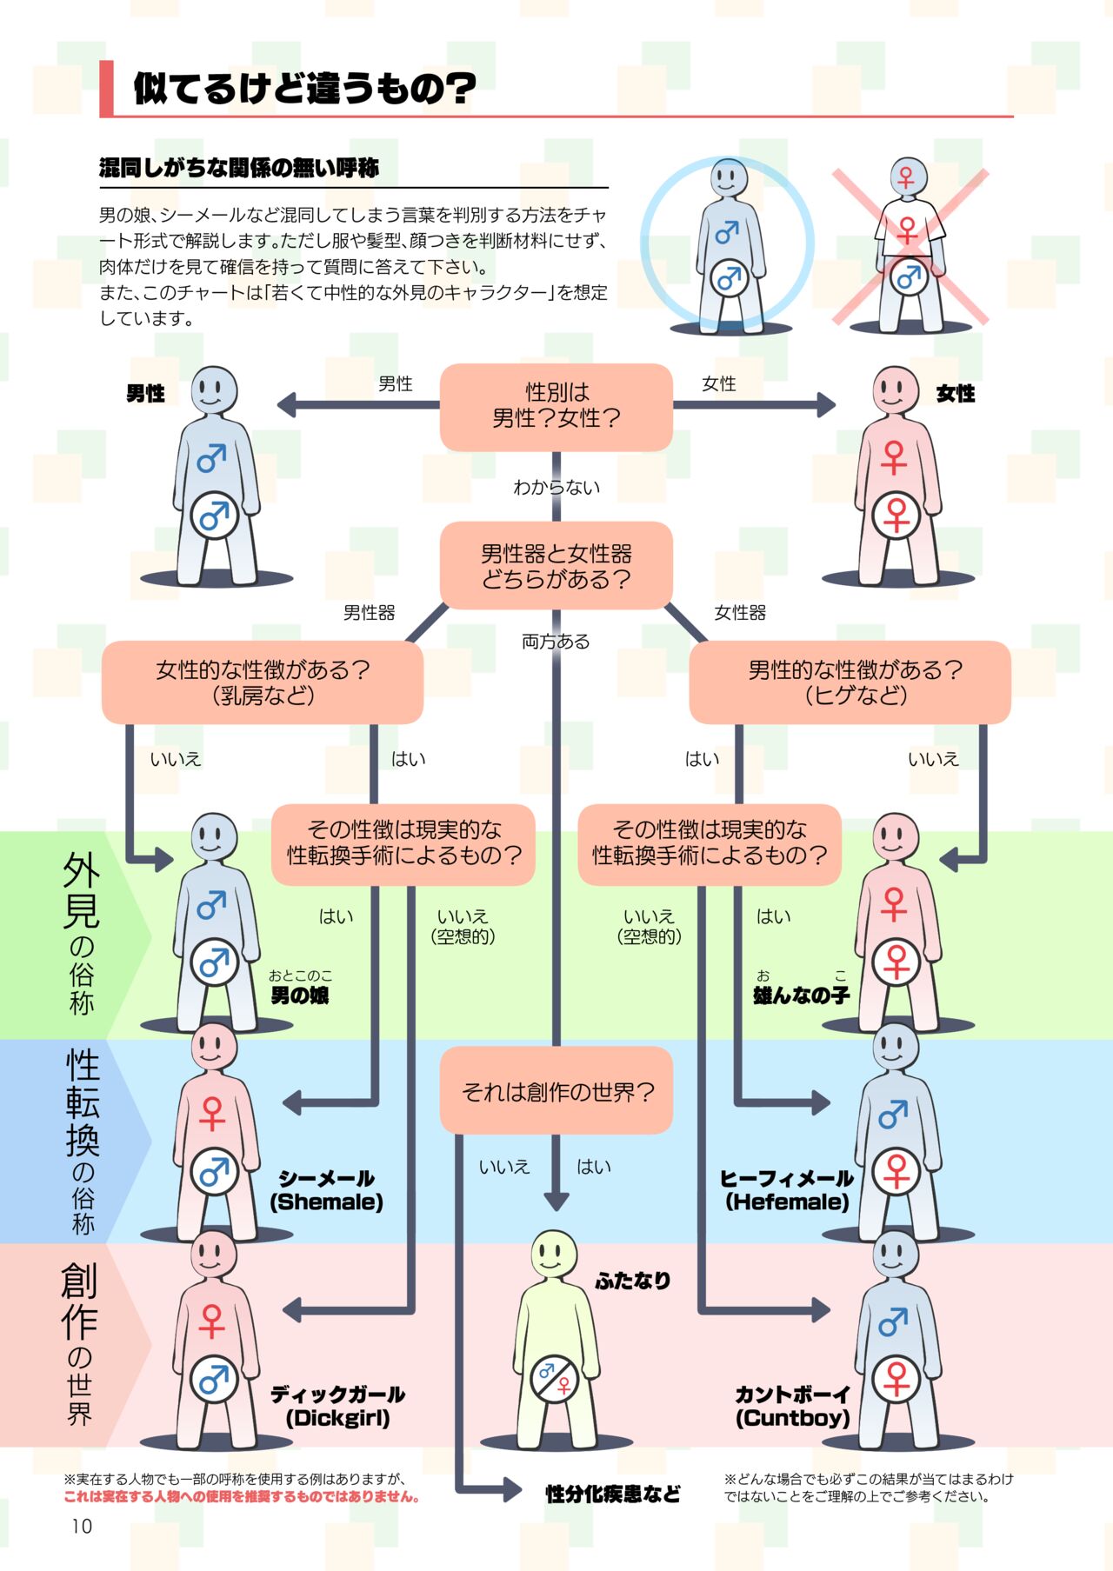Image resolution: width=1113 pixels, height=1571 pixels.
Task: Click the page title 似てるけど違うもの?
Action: click(304, 88)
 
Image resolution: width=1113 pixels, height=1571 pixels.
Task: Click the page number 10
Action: click(82, 1526)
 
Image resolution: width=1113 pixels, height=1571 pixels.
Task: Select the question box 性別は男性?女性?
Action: click(556, 406)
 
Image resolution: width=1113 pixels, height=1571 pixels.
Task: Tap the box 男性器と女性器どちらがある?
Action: click(556, 566)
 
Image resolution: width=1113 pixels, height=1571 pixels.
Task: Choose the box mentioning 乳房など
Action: click(263, 682)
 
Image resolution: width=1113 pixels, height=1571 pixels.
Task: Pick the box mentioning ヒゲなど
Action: click(850, 682)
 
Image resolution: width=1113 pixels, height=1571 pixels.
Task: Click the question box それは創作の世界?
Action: click(556, 1091)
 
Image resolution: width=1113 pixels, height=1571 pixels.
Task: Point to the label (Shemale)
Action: click(326, 1202)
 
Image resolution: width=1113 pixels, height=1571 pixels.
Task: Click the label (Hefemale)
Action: click(787, 1202)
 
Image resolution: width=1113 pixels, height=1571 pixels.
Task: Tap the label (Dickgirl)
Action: click(337, 1418)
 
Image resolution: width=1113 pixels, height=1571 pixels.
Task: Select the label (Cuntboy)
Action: click(792, 1418)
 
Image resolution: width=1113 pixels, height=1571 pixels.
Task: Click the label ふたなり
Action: click(633, 1280)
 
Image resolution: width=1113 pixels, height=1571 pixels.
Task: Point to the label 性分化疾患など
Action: click(613, 1494)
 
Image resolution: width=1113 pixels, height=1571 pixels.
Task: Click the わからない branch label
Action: click(556, 488)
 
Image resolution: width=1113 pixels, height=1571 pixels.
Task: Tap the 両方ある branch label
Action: click(556, 642)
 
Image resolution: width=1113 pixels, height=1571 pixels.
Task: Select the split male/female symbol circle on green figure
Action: click(555, 1379)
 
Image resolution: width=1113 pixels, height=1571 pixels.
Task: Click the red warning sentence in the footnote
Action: click(243, 1497)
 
